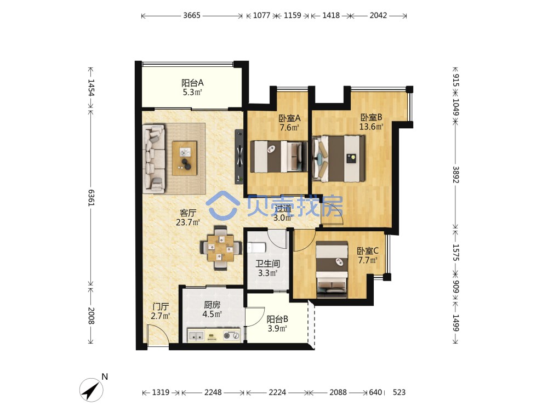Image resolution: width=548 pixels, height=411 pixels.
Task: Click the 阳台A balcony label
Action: pyautogui.click(x=192, y=83)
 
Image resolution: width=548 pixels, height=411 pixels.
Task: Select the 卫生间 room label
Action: pyautogui.click(x=267, y=264)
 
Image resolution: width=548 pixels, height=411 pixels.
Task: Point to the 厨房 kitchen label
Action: pyautogui.click(x=212, y=305)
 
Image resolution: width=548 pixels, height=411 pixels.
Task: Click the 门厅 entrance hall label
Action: pyautogui.click(x=161, y=307)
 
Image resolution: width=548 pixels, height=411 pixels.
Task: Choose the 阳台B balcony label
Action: pyautogui.click(x=277, y=319)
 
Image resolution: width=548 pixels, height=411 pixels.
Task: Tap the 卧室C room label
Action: pyautogui.click(x=368, y=251)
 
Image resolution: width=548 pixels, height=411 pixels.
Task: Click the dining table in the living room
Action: pyautogui.click(x=221, y=248)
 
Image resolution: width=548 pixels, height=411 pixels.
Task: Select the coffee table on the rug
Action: pyautogui.click(x=184, y=158)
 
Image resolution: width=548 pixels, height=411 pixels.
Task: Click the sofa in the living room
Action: pyautogui.click(x=154, y=158)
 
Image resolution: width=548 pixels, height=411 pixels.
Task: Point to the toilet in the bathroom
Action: pyautogui.click(x=256, y=248)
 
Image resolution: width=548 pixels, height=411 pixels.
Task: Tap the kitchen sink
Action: pyautogui.click(x=196, y=336)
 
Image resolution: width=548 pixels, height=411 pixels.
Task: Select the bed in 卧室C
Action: pyautogui.click(x=332, y=270)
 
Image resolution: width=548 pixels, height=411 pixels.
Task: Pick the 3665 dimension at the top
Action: pyautogui.click(x=192, y=15)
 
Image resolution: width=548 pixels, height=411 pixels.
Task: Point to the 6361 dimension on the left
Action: pyautogui.click(x=91, y=198)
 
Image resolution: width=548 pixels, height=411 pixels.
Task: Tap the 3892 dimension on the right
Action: pyautogui.click(x=456, y=174)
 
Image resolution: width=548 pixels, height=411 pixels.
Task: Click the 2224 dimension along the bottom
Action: pyautogui.click(x=277, y=392)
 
